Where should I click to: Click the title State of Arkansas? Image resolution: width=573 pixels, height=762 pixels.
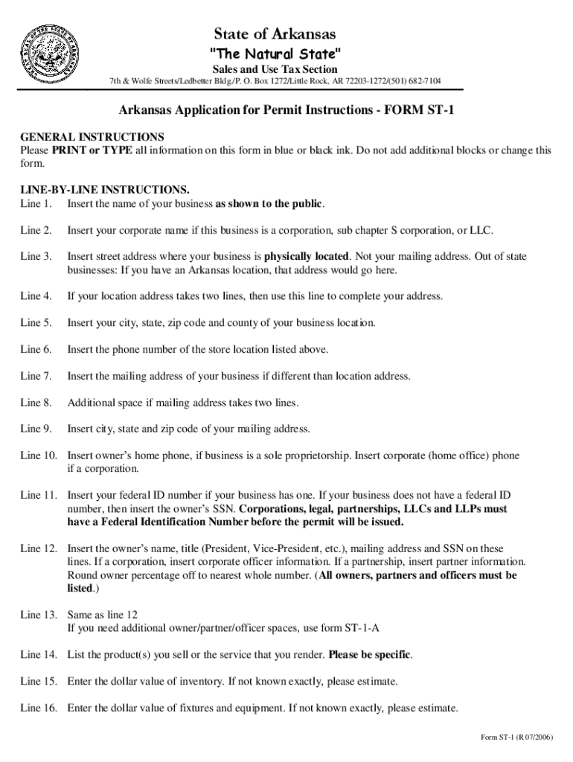click(275, 34)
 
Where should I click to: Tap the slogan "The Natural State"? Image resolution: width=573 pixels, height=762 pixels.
click(275, 54)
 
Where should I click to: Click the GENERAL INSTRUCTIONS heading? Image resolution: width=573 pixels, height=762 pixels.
click(92, 137)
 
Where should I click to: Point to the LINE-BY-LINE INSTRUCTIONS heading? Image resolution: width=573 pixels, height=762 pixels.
click(104, 190)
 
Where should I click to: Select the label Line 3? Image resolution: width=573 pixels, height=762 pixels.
click(36, 257)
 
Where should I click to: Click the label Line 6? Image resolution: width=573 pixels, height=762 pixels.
click(36, 349)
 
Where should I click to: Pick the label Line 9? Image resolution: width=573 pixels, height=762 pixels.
click(36, 429)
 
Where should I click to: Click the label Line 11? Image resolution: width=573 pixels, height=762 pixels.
click(39, 495)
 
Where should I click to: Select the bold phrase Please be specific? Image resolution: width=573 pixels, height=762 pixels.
click(369, 655)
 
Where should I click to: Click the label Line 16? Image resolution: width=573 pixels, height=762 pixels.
click(39, 708)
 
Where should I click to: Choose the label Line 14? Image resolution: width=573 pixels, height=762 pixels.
click(39, 655)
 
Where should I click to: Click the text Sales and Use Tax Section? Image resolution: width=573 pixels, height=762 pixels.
click(275, 69)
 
